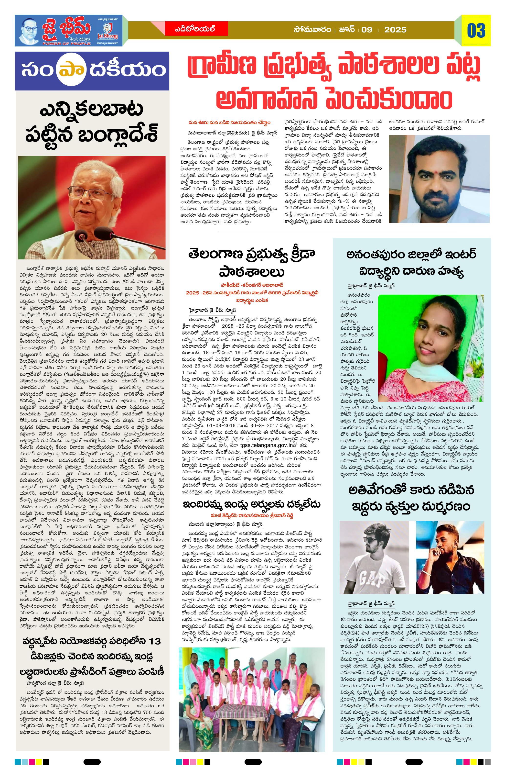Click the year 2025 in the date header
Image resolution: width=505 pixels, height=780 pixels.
[x=395, y=30]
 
